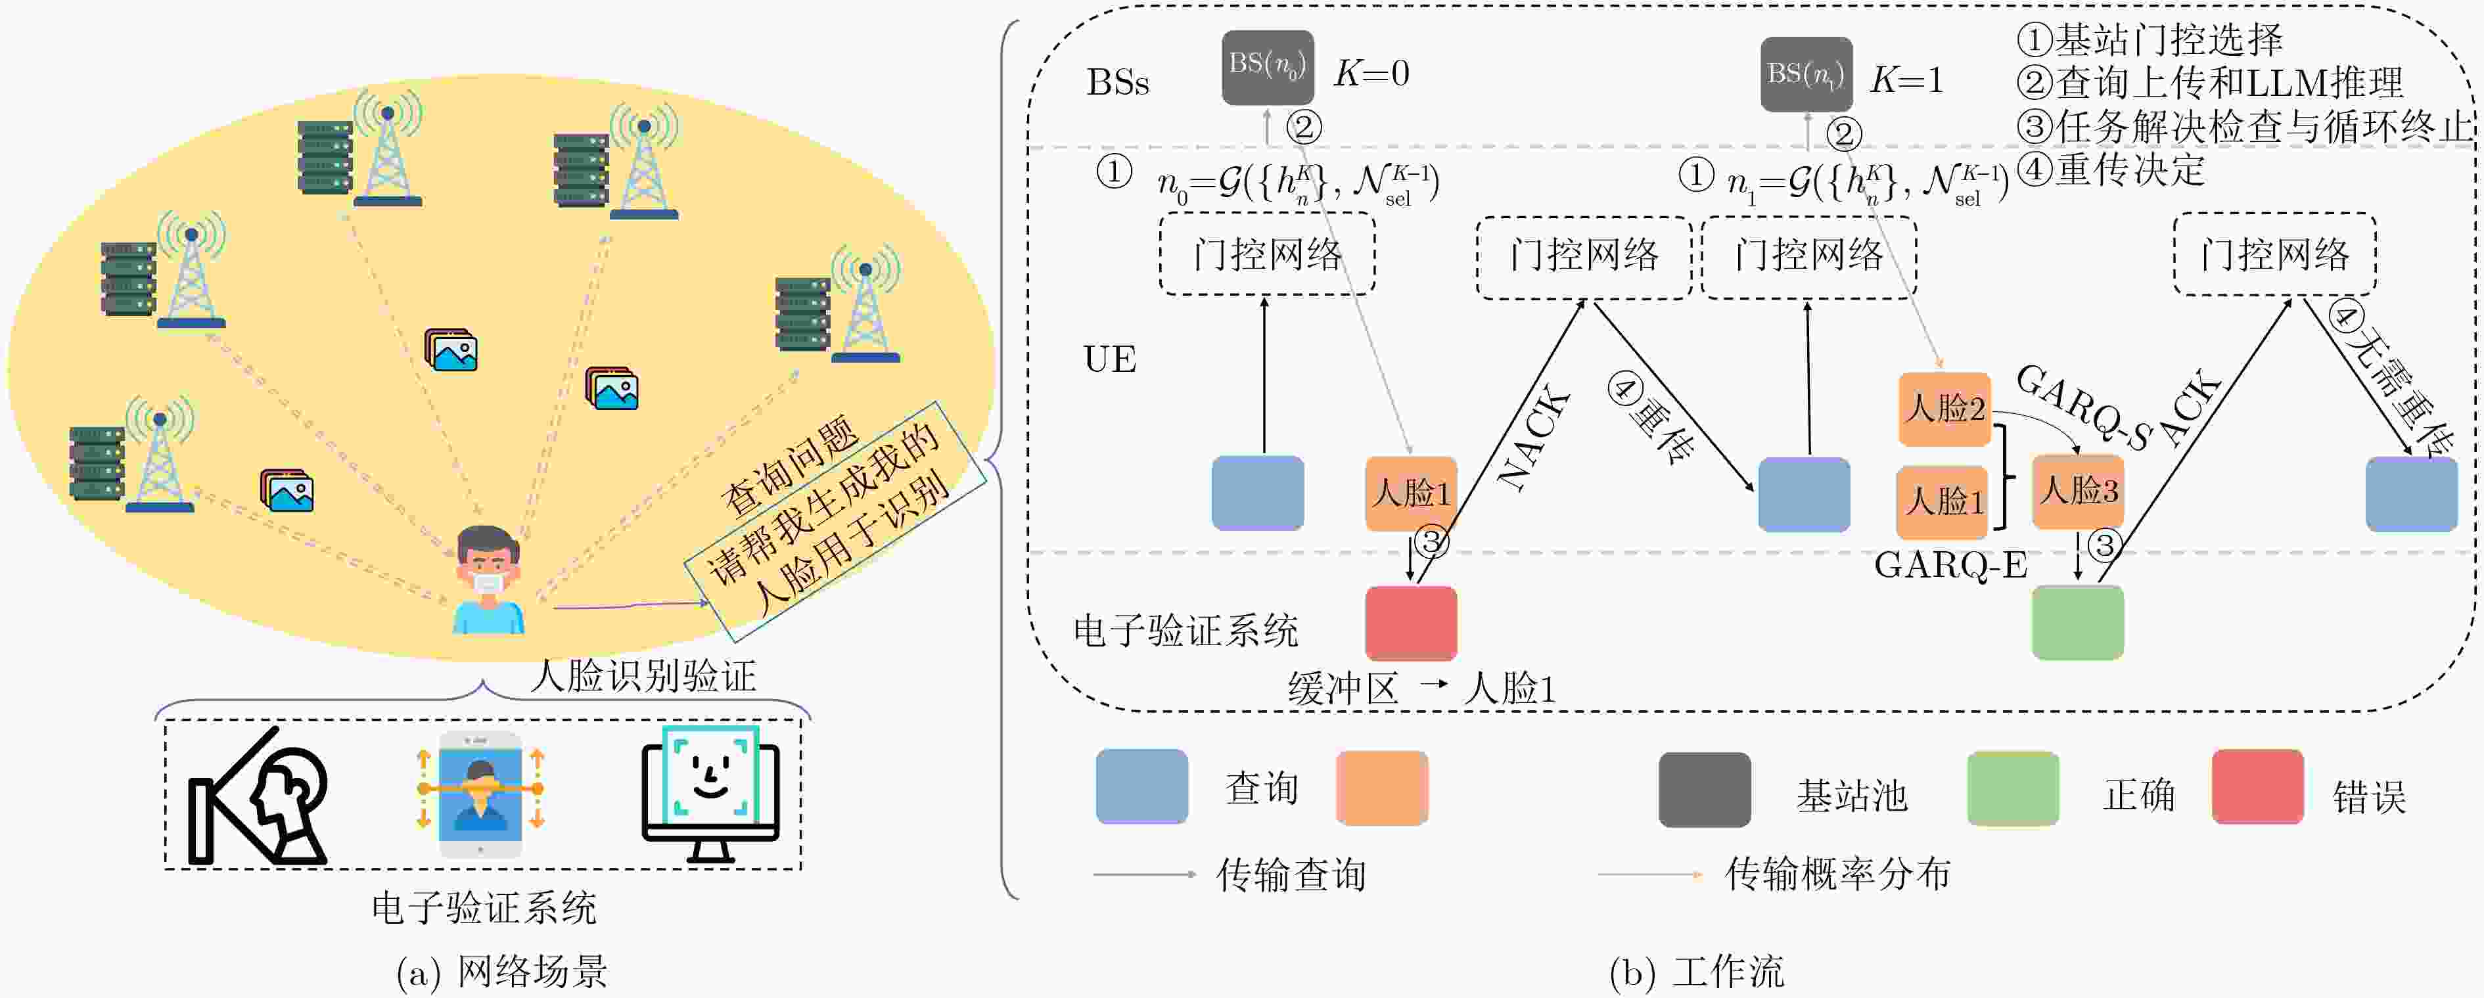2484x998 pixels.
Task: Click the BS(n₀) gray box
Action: [x=1267, y=68]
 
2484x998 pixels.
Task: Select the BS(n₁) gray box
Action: [x=1806, y=74]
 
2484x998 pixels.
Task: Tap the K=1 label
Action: [x=1906, y=79]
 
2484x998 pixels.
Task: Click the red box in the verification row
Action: [x=1411, y=623]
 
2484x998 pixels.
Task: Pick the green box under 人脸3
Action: [x=2077, y=623]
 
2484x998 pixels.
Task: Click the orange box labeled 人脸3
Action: [x=2078, y=491]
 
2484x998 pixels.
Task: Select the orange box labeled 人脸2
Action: [x=1944, y=409]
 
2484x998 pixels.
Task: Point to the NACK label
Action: [x=1533, y=439]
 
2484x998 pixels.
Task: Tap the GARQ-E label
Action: [x=1950, y=565]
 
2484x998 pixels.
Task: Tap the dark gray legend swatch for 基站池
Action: [x=1704, y=790]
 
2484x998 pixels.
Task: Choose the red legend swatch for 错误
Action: [x=2257, y=787]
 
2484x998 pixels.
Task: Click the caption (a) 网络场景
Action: [x=501, y=972]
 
